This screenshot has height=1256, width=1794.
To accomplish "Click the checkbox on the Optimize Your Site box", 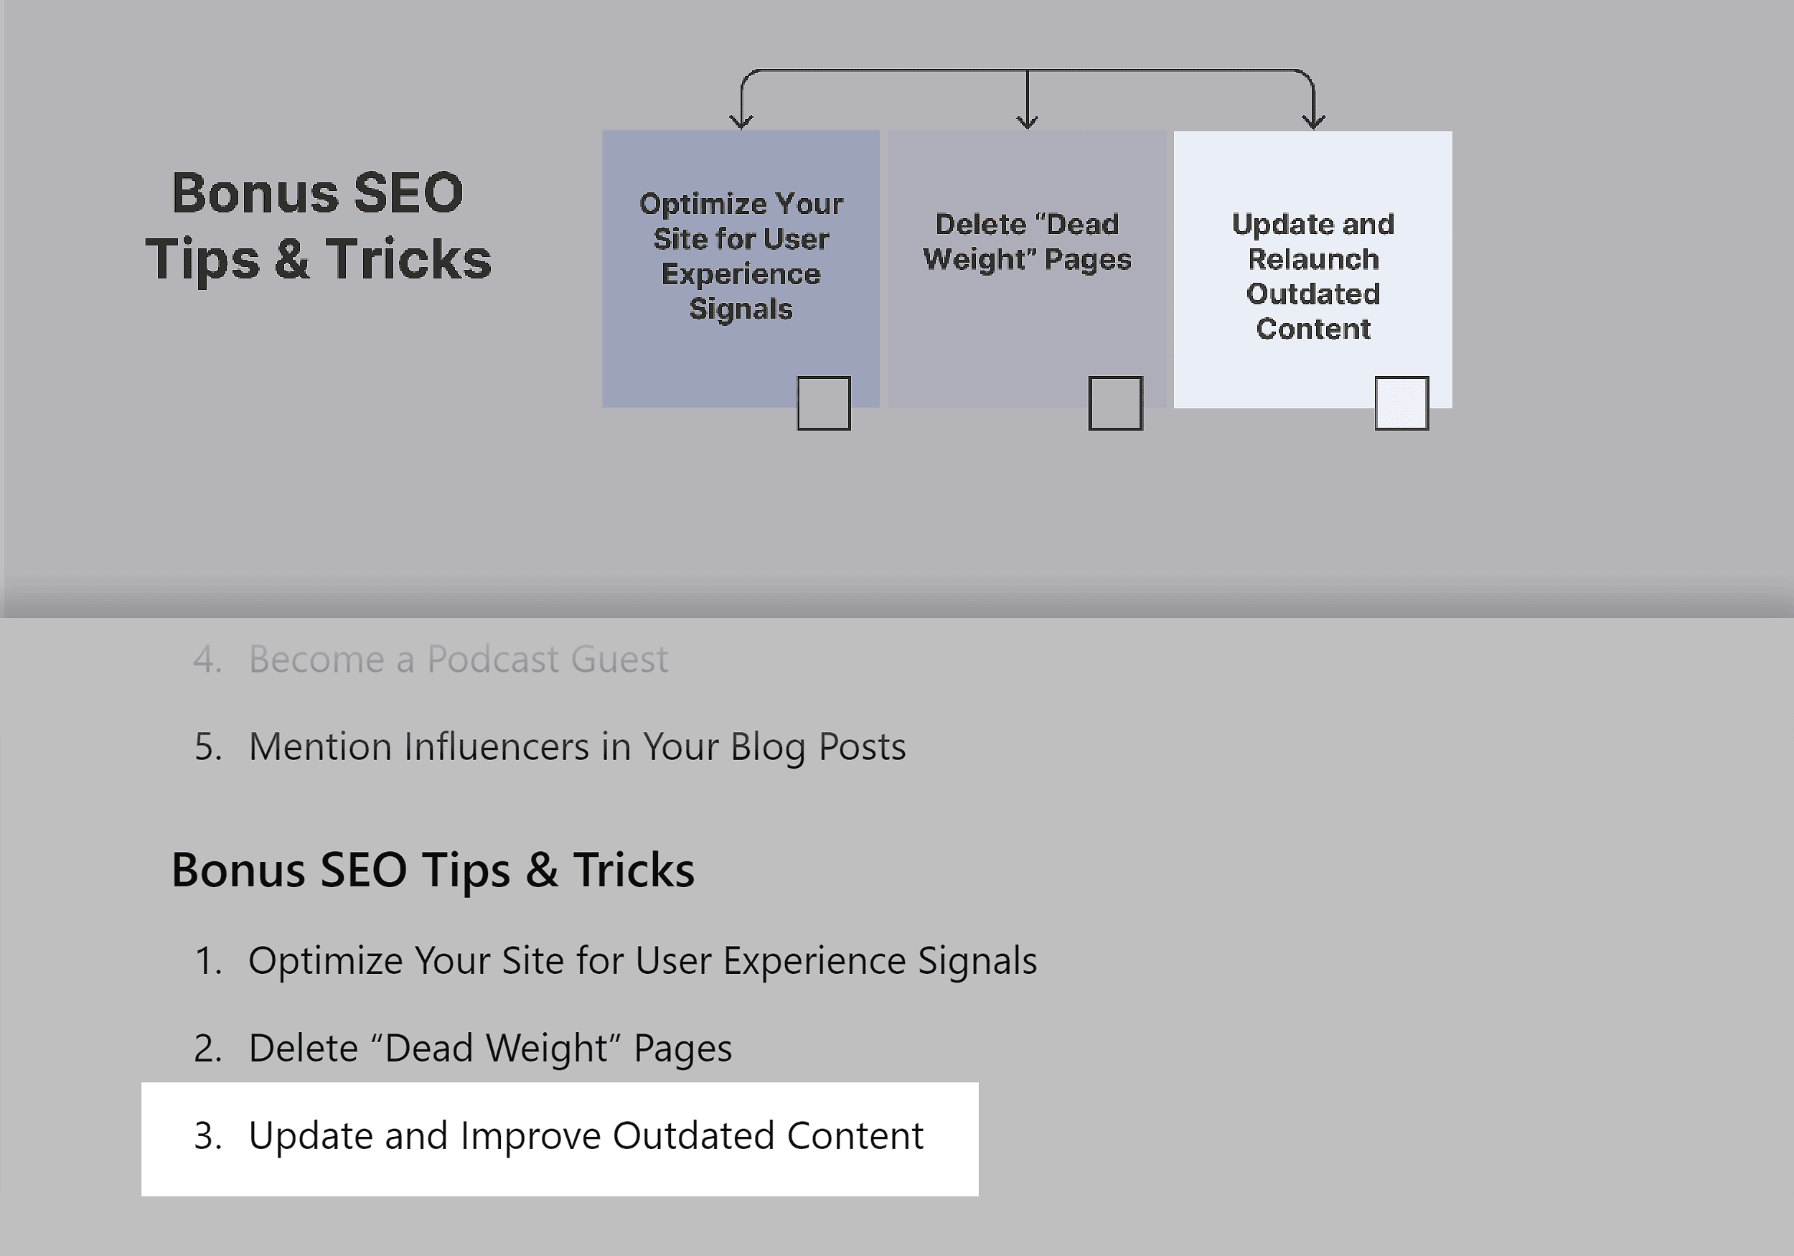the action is pos(824,403).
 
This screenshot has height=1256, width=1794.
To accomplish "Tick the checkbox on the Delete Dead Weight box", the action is pos(1115,403).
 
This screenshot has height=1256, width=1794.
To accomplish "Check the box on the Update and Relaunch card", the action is pos(1401,403).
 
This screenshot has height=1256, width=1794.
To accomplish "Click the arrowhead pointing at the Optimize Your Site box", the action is pos(741,121).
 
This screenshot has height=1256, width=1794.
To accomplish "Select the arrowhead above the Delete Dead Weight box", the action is pos(1027,121).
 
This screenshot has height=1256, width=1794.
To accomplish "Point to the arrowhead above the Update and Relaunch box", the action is pos(1313,121).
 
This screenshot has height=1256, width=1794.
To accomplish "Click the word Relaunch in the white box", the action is pos(1313,258).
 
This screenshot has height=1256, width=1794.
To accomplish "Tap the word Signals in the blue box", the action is pos(741,309).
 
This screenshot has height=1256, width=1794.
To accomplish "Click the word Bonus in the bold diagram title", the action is pos(255,192).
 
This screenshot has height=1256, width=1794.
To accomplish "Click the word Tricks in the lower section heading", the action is pos(634,869).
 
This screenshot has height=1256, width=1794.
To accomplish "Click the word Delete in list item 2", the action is pos(303,1048).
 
